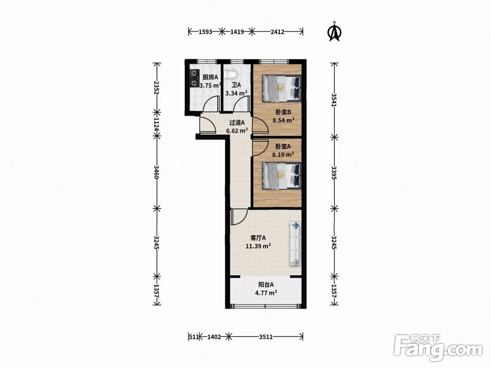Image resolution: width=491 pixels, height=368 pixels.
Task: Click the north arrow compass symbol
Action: point(334,32)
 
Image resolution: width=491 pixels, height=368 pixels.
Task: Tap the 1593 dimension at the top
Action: point(205,31)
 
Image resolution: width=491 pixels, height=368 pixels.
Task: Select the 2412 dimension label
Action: point(277,31)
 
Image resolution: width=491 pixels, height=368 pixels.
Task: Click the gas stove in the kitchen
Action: point(195,79)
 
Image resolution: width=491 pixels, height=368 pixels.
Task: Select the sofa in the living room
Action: point(295,243)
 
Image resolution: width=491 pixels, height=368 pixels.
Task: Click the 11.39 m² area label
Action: point(258,246)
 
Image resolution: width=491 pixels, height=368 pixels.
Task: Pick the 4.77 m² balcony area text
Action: point(266,293)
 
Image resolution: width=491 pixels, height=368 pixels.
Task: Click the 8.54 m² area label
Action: point(283,120)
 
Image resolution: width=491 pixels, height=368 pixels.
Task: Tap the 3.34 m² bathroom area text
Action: point(237,93)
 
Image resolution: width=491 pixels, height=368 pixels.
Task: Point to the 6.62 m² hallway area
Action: point(237,131)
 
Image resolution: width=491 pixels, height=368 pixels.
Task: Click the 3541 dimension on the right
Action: point(334,100)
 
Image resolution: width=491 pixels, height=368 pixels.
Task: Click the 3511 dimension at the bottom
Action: point(266,337)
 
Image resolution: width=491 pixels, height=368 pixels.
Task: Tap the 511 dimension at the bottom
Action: point(194,337)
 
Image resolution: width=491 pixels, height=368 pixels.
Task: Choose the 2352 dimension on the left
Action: point(157,88)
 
